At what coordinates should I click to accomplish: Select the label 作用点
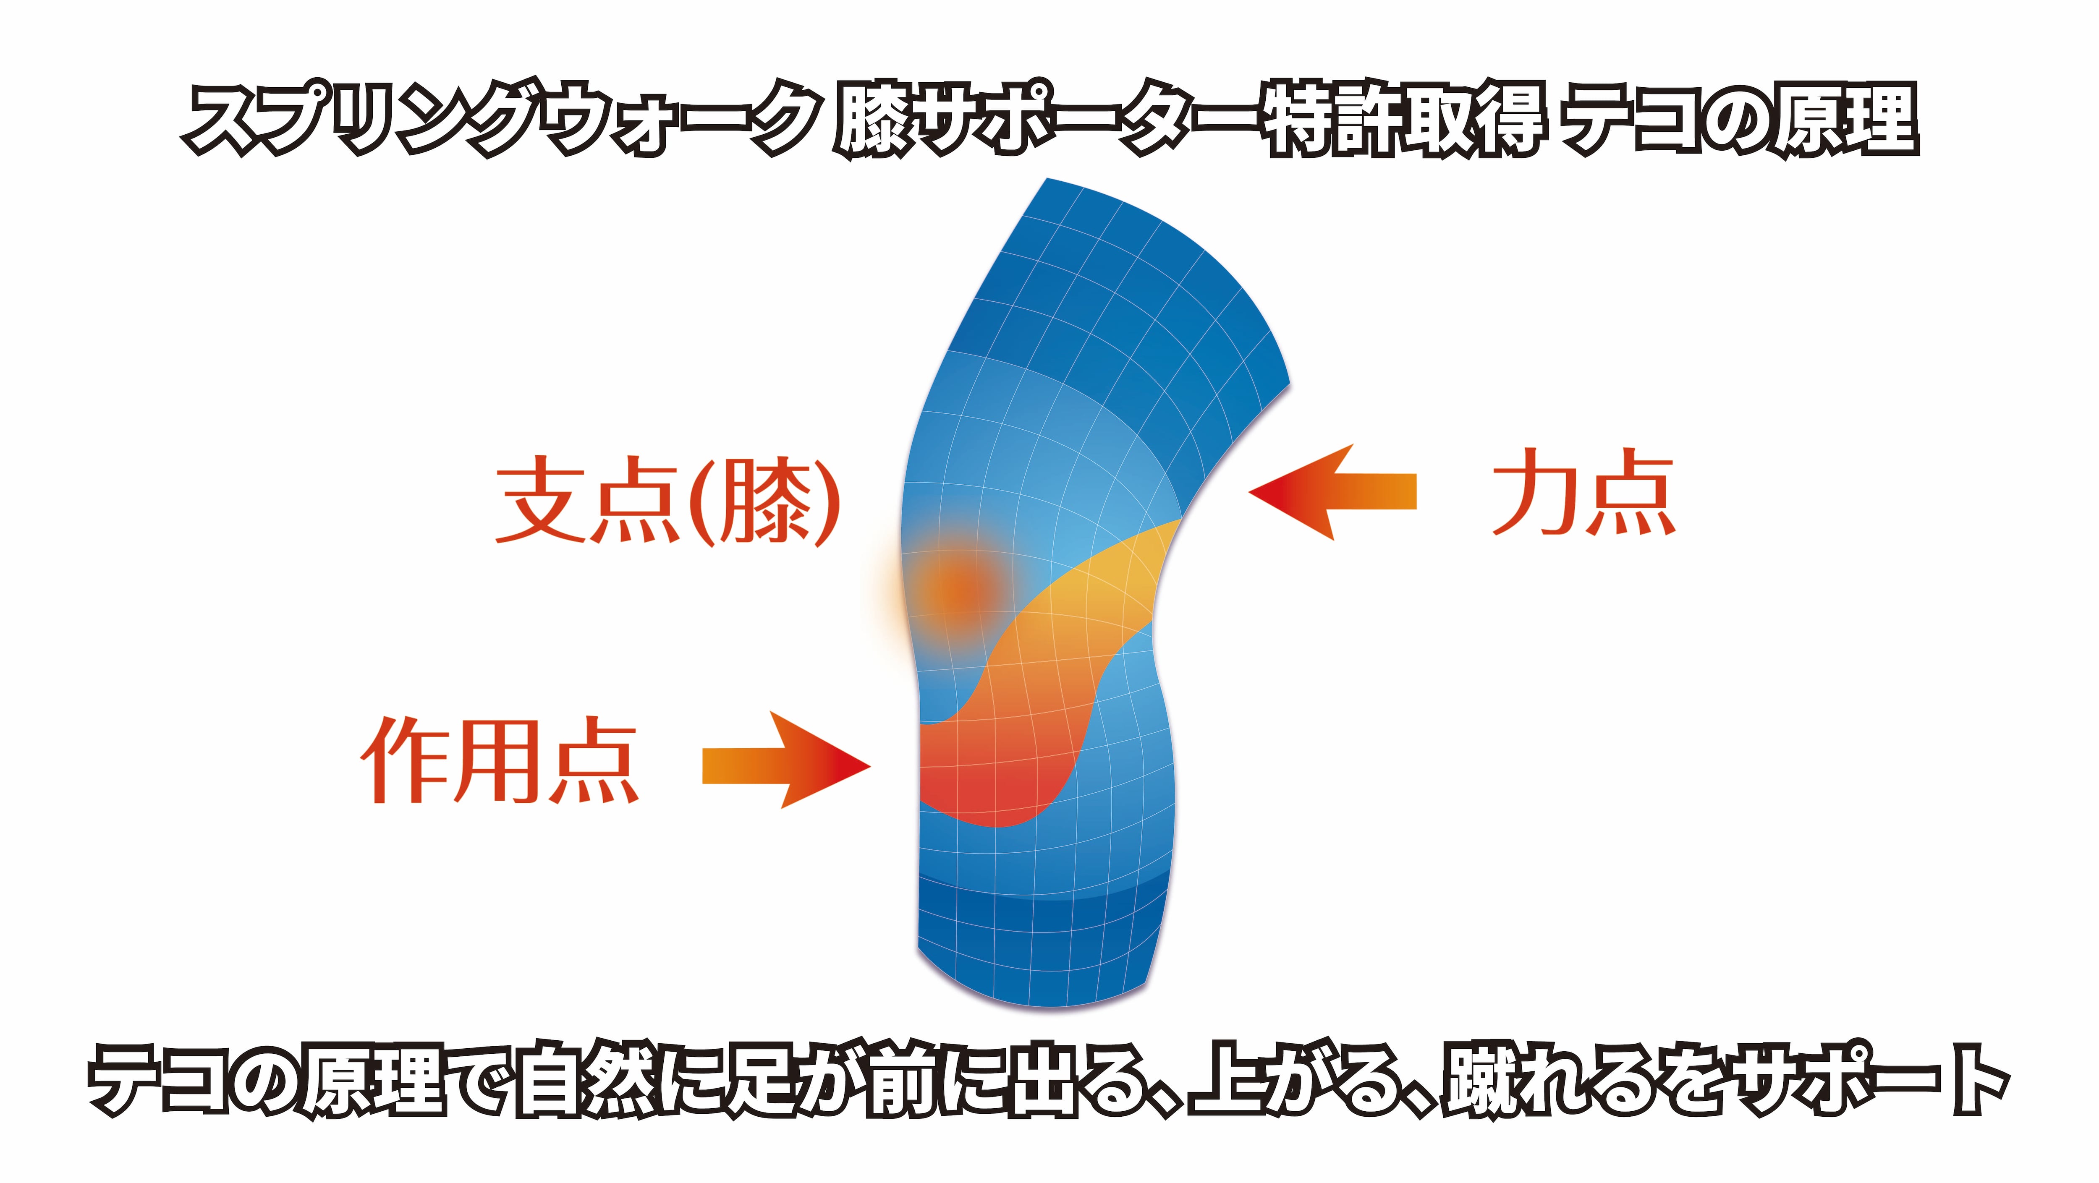click(500, 760)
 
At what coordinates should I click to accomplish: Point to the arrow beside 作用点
click(786, 760)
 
